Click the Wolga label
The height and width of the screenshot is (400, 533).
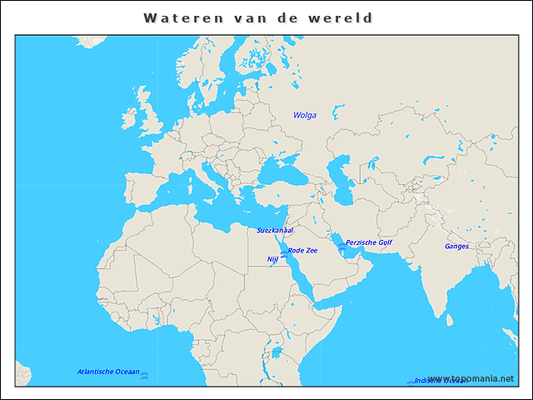(x=305, y=115)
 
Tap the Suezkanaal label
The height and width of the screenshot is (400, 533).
(x=275, y=229)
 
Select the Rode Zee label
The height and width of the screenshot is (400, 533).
(x=302, y=250)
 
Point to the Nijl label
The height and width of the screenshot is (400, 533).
(x=272, y=259)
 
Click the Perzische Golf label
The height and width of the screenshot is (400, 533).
(x=368, y=242)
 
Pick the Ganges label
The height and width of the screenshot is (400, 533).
(x=456, y=246)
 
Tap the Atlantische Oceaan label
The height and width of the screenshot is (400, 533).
(x=108, y=372)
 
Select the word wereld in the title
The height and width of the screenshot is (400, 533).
(x=344, y=17)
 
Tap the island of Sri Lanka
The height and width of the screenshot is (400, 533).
(x=449, y=318)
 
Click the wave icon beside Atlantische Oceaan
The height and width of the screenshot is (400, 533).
(x=145, y=376)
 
